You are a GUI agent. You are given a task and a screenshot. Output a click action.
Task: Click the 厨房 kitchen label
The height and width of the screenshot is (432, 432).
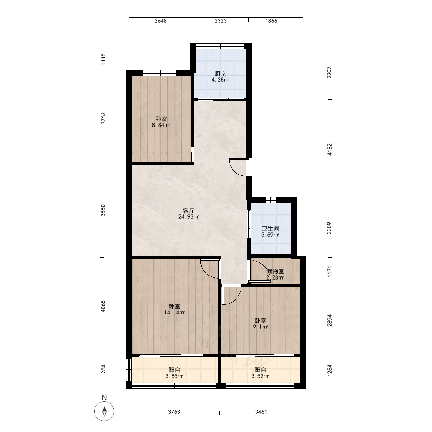point(221,74)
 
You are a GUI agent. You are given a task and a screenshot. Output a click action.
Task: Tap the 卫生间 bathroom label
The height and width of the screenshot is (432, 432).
point(270,229)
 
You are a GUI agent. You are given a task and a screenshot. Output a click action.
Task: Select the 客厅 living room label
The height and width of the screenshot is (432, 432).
point(189,211)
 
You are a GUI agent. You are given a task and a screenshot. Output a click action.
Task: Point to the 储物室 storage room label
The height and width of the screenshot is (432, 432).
point(275,271)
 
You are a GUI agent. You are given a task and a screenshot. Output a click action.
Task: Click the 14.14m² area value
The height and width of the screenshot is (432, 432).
point(175,312)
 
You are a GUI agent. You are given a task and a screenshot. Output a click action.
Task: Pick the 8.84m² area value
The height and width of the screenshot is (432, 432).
point(161,125)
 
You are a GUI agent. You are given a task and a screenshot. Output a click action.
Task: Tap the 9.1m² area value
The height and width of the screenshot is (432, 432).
point(260,327)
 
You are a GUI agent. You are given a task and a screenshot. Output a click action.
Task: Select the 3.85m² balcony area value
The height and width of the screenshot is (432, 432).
point(175,376)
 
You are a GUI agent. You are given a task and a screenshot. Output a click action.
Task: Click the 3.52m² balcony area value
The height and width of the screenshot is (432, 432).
point(260,376)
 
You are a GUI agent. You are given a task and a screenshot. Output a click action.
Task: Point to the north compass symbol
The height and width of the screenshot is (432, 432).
point(104,411)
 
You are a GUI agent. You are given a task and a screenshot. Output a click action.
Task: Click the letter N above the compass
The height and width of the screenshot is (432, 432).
point(104,397)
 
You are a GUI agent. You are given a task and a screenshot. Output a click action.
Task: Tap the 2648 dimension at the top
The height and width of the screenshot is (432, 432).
point(161,21)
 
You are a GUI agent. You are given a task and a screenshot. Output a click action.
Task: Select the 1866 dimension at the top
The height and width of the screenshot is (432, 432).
point(271,21)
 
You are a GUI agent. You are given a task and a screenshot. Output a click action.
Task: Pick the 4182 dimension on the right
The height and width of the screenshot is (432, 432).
point(330,149)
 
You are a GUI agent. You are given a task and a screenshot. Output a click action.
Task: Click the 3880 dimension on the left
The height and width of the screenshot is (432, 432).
point(103,210)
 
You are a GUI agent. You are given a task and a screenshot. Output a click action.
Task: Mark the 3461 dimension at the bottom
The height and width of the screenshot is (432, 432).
point(261,412)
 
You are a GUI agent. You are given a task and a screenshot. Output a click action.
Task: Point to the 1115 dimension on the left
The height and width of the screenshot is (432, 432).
point(103,59)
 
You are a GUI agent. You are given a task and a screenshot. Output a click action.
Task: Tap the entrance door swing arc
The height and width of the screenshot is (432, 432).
point(235,170)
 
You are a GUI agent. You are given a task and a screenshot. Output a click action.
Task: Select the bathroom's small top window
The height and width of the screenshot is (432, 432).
point(270,200)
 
